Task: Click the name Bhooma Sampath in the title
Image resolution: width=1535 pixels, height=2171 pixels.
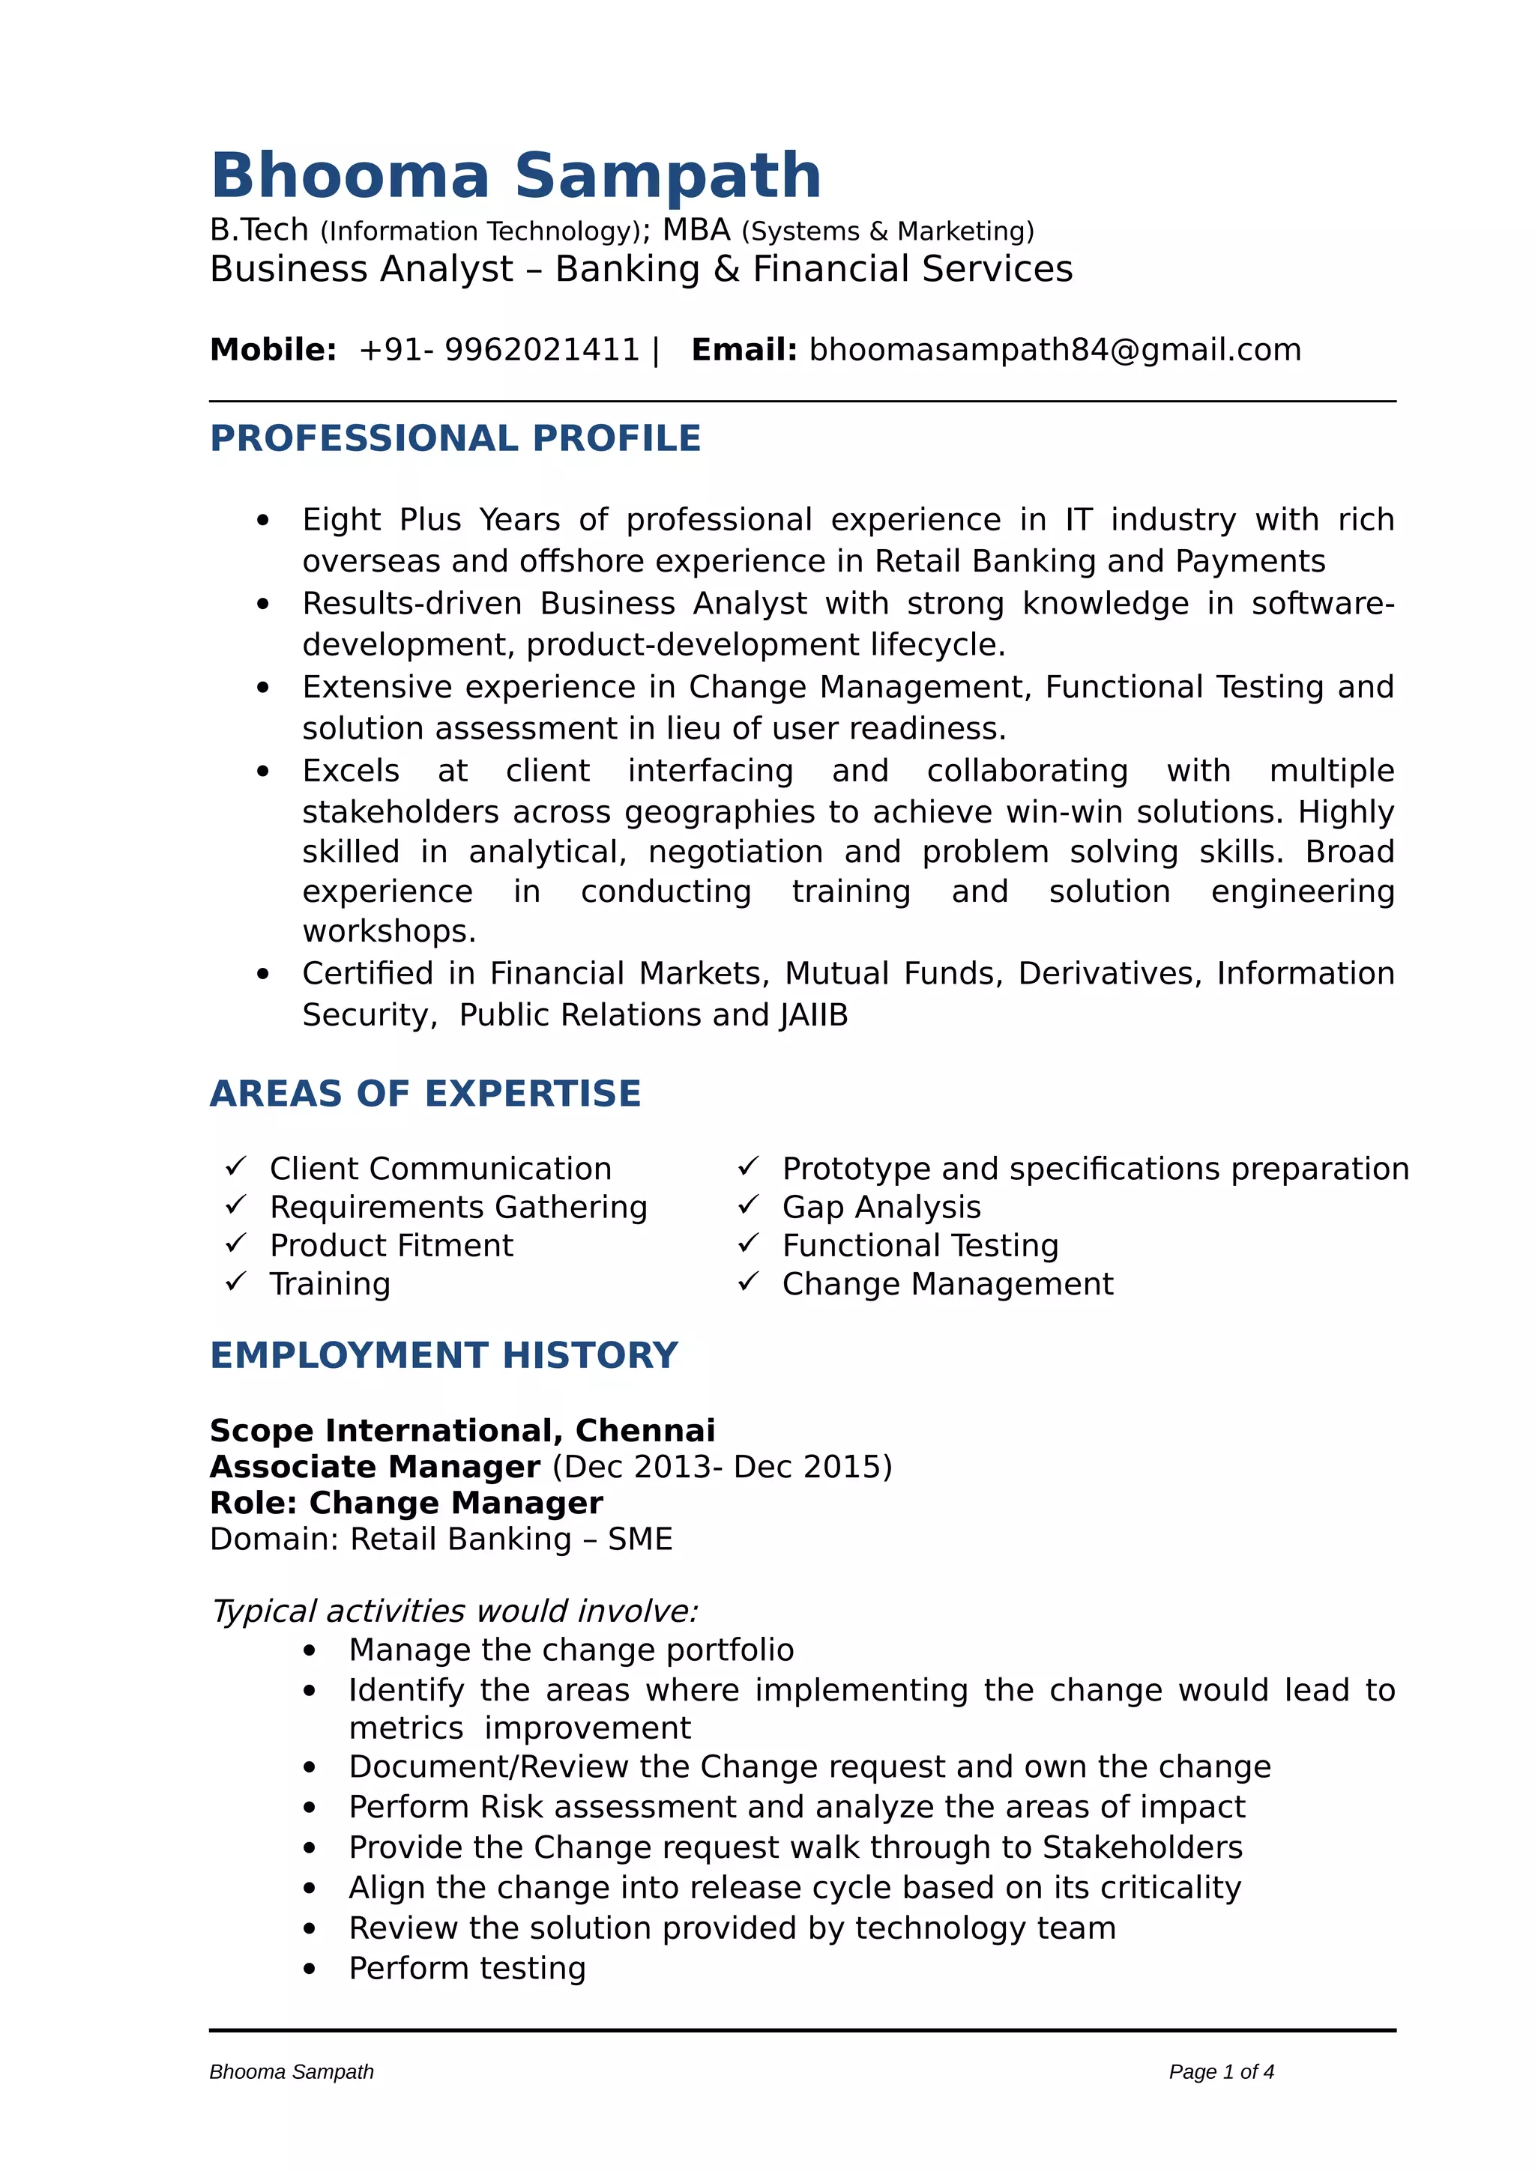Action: [516, 176]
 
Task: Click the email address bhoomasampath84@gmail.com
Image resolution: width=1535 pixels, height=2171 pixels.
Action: [1055, 350]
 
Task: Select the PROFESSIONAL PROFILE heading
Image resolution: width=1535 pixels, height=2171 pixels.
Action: [455, 439]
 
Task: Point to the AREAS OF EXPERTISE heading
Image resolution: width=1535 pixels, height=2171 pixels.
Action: [425, 1094]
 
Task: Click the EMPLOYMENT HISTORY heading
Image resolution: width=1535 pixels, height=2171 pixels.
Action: [444, 1356]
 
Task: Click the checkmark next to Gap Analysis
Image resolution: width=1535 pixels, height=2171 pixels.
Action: [748, 1205]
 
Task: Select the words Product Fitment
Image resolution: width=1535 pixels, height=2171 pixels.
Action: [391, 1245]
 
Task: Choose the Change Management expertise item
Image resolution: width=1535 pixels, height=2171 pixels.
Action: [947, 1284]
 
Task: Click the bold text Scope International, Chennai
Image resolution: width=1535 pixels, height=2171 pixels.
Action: [462, 1431]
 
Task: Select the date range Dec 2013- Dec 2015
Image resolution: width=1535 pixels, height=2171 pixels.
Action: [722, 1467]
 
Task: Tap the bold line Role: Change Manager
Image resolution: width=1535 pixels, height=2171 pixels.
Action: [405, 1503]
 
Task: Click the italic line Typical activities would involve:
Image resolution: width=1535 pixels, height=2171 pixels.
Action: [455, 1611]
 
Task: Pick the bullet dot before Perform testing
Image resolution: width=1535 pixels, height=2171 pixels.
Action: [310, 1969]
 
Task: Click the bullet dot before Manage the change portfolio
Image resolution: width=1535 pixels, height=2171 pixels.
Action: [310, 1651]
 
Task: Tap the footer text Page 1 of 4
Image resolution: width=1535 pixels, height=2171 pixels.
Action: [1221, 2071]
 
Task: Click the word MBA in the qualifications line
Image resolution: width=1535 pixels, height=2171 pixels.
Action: [696, 230]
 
